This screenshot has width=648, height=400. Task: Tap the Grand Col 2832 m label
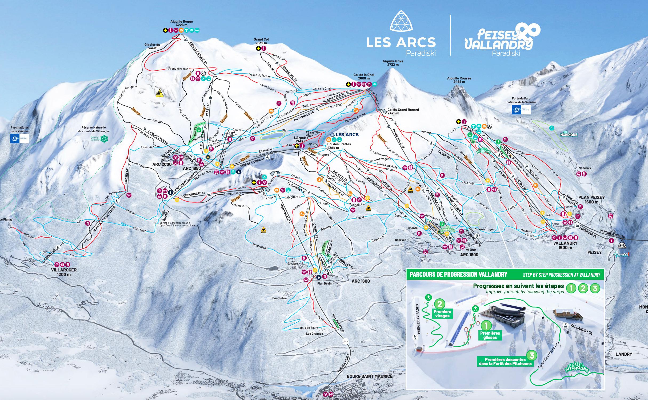tap(261, 41)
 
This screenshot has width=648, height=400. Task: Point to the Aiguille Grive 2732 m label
tap(393, 63)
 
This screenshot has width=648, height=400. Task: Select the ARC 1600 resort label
tap(361, 281)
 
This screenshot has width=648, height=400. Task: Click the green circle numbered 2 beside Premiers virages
tap(440, 304)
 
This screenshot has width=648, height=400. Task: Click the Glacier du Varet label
tap(152, 46)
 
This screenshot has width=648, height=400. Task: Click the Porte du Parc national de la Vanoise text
tap(520, 100)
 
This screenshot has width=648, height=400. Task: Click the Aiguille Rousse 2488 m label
tap(459, 80)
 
